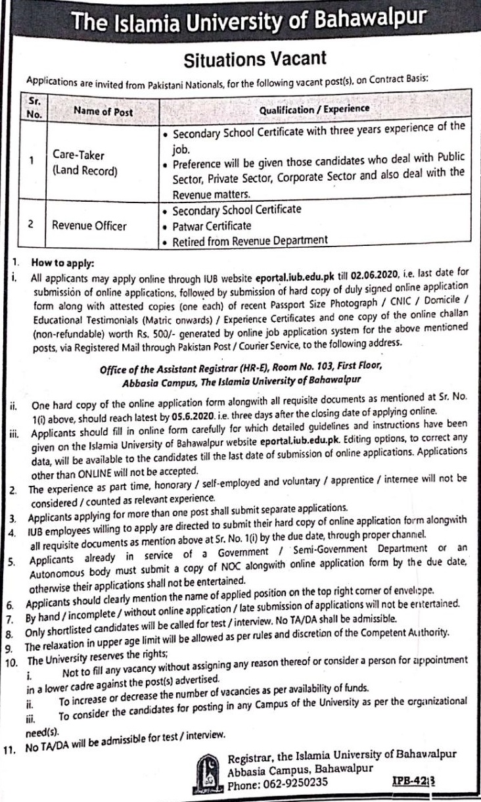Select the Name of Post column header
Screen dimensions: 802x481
(x=103, y=112)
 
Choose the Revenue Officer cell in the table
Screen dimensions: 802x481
(x=90, y=225)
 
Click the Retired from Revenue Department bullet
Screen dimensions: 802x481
(x=249, y=241)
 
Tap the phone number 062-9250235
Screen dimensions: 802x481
(x=291, y=784)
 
